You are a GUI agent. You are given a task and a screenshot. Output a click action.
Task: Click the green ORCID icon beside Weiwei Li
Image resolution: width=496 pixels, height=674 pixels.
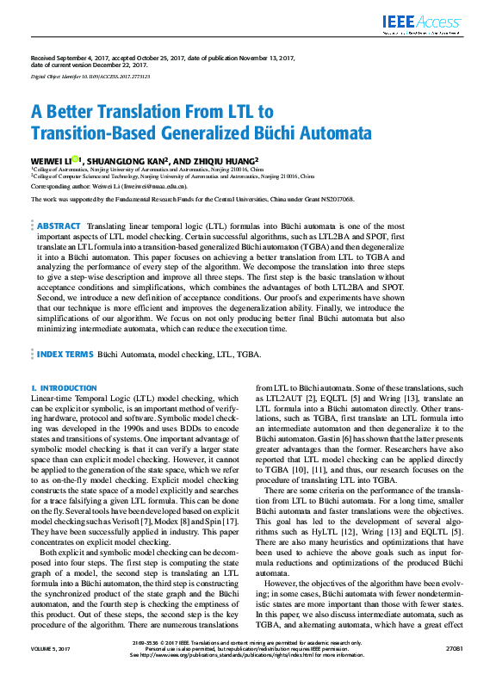76,158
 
